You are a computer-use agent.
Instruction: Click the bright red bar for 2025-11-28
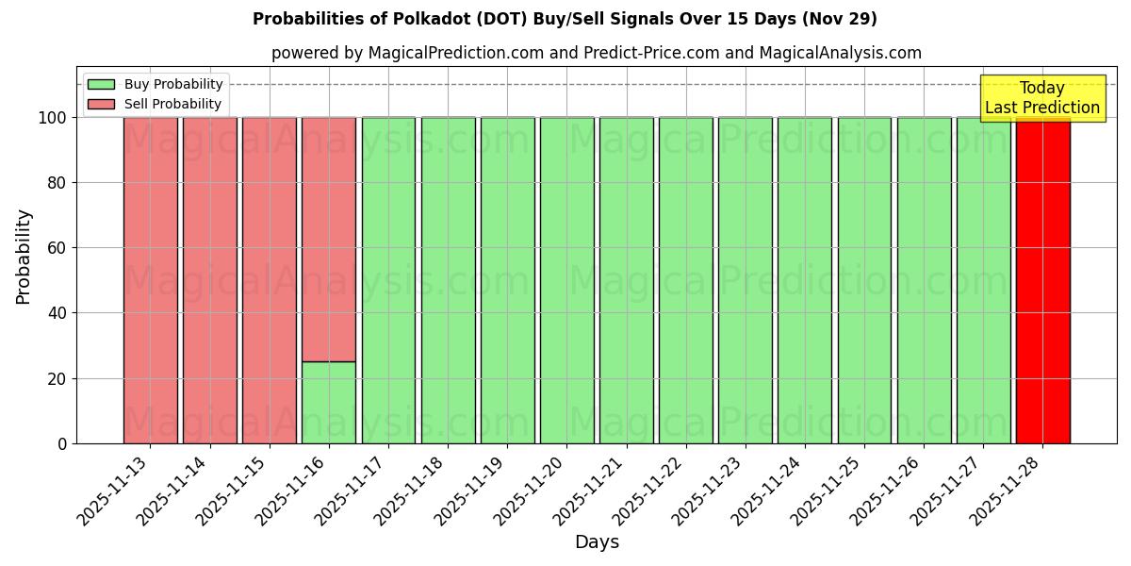[x=1042, y=283]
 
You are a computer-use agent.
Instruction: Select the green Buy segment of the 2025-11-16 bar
[x=329, y=403]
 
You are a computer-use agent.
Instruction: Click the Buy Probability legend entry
[x=173, y=84]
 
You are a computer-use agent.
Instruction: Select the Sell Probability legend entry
[x=172, y=104]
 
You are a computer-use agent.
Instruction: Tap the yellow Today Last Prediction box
[x=1041, y=98]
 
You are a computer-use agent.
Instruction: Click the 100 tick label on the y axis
[x=51, y=118]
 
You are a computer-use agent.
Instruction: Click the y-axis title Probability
[x=24, y=257]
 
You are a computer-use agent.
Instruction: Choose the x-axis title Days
[x=597, y=542]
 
